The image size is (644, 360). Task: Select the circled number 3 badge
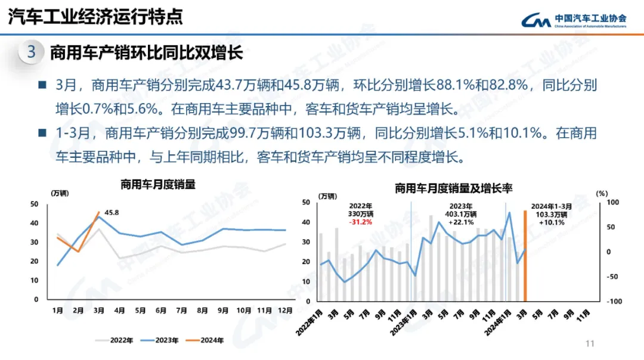(x=32, y=52)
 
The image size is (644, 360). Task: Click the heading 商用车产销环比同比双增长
(x=146, y=52)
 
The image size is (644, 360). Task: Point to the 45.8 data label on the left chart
(x=112, y=212)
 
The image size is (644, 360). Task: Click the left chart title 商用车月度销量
(x=158, y=185)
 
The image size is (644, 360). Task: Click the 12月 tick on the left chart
(x=285, y=311)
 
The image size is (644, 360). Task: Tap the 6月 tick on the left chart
(x=161, y=311)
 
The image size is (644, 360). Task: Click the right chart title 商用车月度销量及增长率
(x=454, y=189)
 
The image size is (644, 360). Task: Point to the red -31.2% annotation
(x=360, y=222)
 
